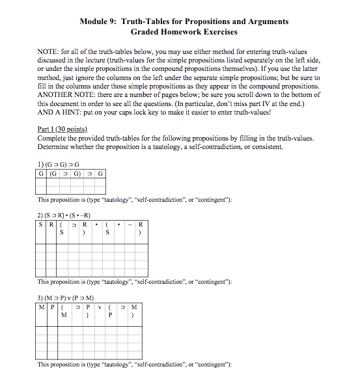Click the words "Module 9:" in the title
(98, 21)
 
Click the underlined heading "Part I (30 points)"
(63, 129)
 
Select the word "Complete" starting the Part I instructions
(53, 137)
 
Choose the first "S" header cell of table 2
(41, 225)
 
